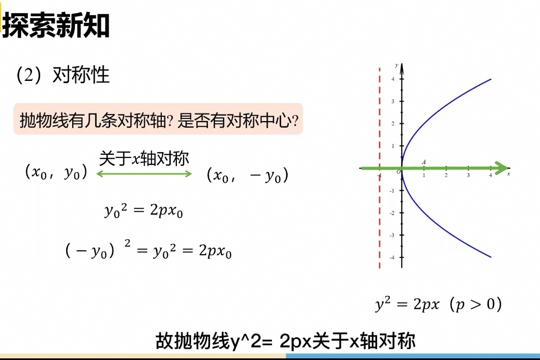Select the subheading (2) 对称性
tap(63, 74)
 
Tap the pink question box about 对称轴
tap(158, 119)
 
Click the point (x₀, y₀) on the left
tap(56, 172)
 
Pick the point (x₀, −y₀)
tap(247, 175)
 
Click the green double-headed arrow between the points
tap(144, 174)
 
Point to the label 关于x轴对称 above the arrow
tap(144, 159)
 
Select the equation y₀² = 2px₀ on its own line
tap(144, 210)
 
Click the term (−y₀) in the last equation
tap(90, 250)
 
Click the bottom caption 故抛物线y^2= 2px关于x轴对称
tap(285, 341)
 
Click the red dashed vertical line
tap(379, 167)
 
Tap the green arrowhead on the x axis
tap(502, 168)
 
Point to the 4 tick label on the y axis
tap(393, 79)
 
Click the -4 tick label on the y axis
tap(392, 257)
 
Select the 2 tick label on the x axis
tap(446, 175)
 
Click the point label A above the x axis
tap(424, 162)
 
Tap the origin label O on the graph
tap(398, 172)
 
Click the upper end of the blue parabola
tap(491, 79)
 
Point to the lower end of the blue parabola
tap(491, 257)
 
